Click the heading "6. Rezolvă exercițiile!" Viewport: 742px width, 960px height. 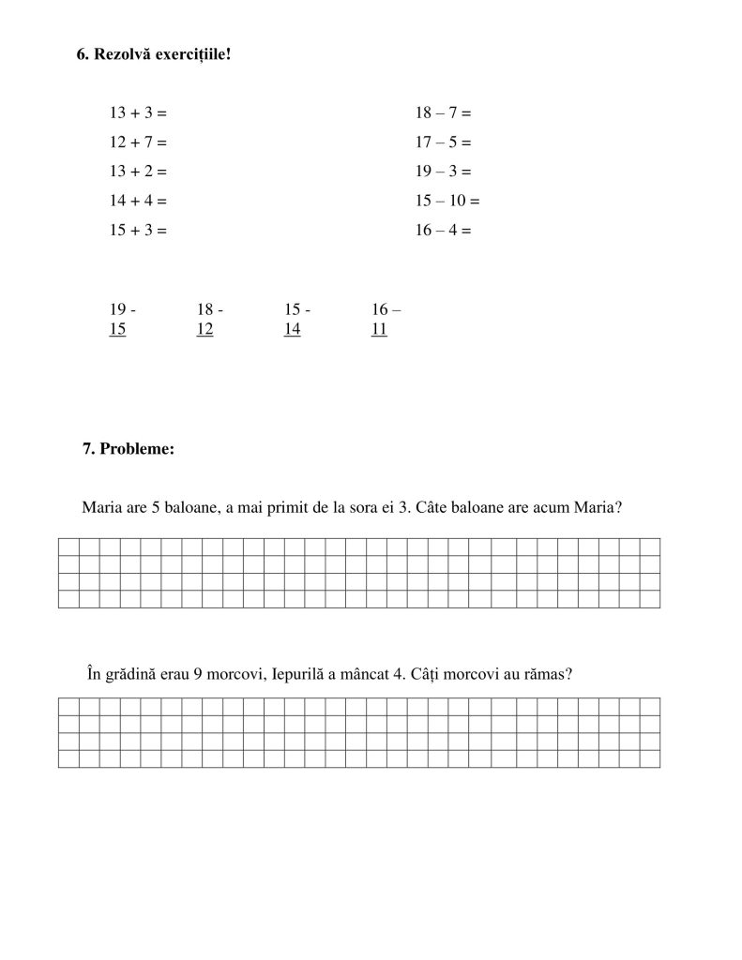[153, 54]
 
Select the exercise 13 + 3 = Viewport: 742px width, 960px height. [138, 113]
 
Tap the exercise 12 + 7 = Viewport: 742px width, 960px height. [138, 142]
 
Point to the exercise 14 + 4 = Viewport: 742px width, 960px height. [138, 201]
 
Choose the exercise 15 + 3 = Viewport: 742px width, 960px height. [138, 230]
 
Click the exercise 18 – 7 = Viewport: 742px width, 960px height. [443, 113]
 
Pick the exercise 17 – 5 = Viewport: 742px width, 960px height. [443, 142]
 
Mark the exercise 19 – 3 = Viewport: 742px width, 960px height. [443, 172]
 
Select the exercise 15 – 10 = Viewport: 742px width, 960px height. [447, 201]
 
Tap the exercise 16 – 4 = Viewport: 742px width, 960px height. [443, 230]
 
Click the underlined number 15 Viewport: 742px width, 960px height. [117, 329]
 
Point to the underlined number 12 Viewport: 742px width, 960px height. [204, 329]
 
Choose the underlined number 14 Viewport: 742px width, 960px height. [292, 329]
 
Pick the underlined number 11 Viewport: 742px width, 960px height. [379, 329]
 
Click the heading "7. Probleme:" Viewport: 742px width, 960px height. [129, 449]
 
